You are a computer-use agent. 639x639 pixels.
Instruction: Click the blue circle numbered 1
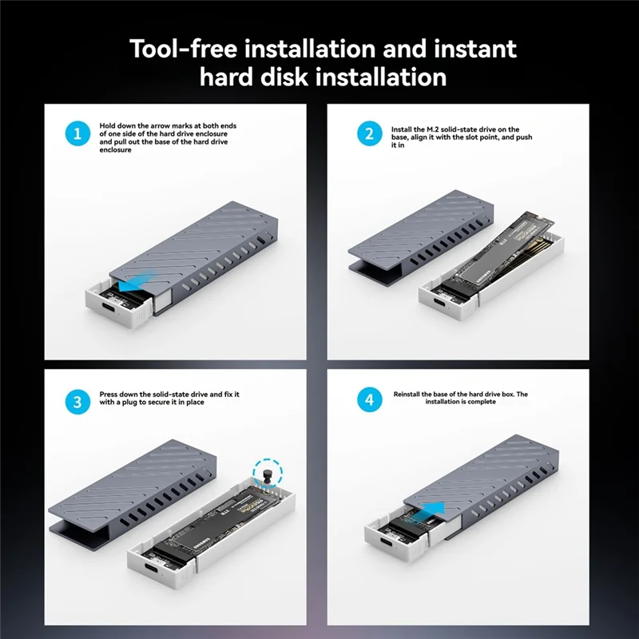click(77, 133)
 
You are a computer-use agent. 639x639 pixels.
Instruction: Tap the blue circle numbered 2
click(370, 133)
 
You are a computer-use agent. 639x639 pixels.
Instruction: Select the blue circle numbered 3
click(77, 402)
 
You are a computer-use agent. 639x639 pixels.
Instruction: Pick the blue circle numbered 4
click(370, 399)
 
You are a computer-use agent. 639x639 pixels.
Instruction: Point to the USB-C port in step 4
click(387, 543)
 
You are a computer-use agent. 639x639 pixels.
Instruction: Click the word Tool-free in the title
click(183, 49)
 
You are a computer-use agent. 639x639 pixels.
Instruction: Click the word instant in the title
click(475, 49)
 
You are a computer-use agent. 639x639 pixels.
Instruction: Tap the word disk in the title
click(284, 77)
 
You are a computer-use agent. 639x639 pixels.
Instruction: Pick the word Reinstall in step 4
click(407, 394)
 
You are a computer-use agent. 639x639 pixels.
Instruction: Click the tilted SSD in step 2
click(503, 252)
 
